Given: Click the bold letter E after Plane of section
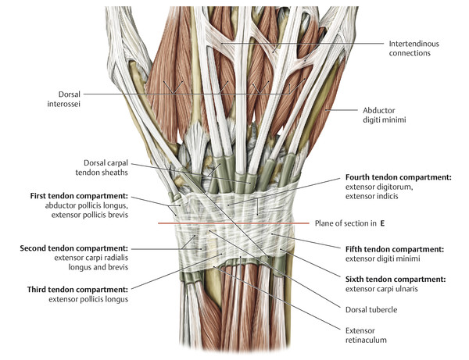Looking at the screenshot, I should tap(383, 223).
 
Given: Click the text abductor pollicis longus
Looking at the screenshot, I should tap(74, 205).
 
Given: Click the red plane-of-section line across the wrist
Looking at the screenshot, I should tap(234, 224).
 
